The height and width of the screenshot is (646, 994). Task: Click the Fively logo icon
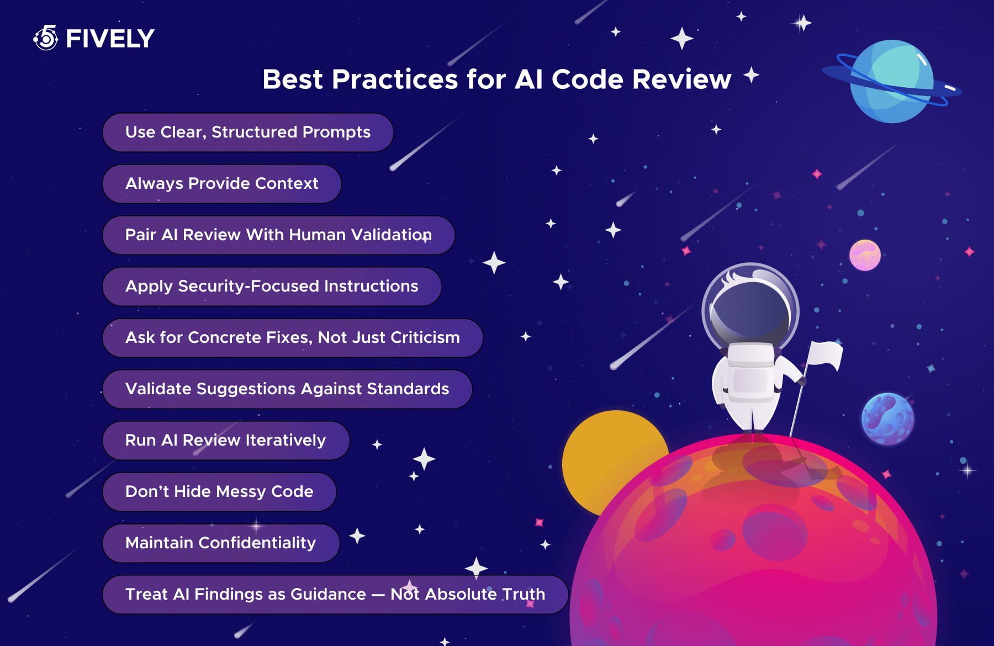[x=46, y=38]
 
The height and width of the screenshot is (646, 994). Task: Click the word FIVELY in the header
[x=110, y=39]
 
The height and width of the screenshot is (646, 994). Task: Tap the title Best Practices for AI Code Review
[x=496, y=79]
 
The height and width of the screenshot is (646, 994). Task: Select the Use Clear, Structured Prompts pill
[x=248, y=133]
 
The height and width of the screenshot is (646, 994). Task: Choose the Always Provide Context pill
[x=222, y=184]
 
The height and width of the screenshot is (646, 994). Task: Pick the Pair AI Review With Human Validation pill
[x=279, y=235]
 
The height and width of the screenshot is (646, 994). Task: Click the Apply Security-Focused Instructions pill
[x=272, y=287]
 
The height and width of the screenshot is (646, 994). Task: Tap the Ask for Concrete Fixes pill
[x=293, y=338]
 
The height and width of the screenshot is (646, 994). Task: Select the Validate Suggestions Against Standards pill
[x=287, y=389]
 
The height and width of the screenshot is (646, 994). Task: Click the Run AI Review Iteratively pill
[x=226, y=441]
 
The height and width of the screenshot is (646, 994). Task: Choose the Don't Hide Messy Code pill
[x=219, y=492]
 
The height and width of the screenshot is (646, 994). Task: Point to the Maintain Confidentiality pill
[x=221, y=543]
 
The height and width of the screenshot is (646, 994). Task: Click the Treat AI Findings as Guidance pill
[x=335, y=595]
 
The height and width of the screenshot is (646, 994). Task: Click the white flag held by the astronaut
[x=825, y=354]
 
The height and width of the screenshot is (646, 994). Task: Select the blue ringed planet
[x=891, y=81]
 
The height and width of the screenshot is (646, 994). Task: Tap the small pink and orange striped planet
[x=865, y=255]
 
